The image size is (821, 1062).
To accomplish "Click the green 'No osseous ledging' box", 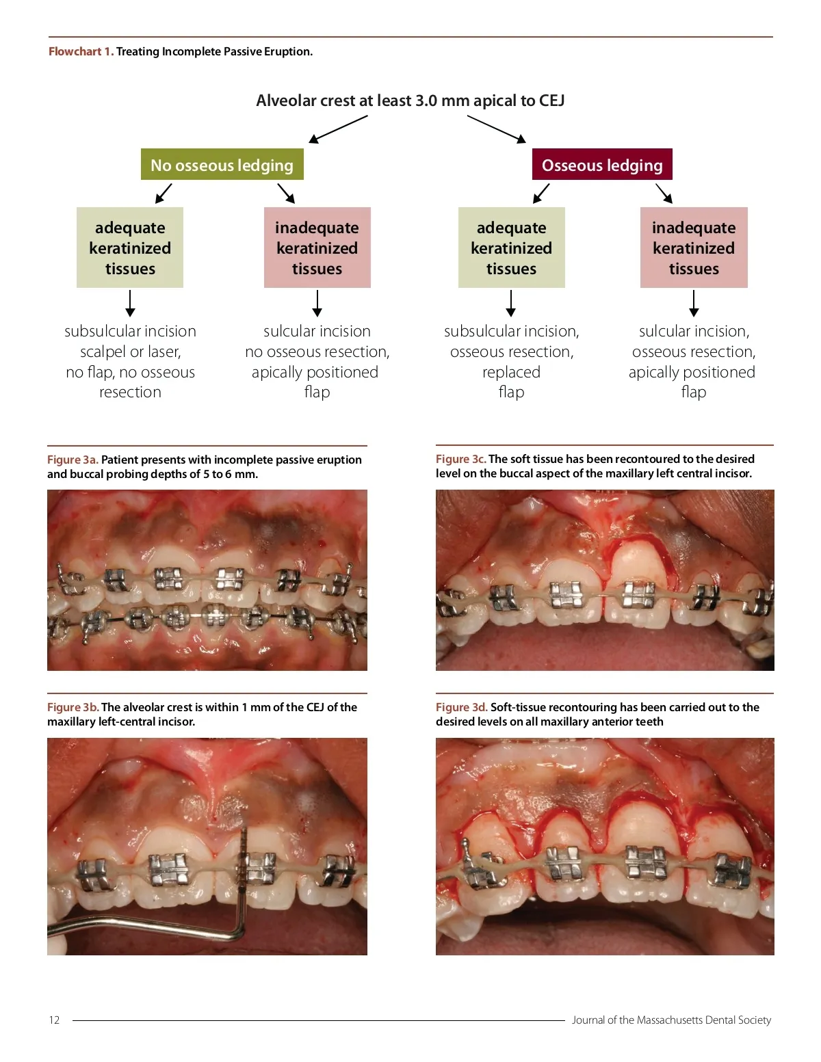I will pyautogui.click(x=222, y=165).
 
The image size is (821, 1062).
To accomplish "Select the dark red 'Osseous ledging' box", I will pyautogui.click(x=602, y=165).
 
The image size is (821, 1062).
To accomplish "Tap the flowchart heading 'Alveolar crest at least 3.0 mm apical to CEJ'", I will pyautogui.click(x=410, y=101).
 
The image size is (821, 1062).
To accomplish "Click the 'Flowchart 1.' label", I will pyautogui.click(x=81, y=51).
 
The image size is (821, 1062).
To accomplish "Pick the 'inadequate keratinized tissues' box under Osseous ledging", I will pyautogui.click(x=694, y=248).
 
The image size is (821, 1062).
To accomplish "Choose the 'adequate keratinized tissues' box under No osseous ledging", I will pyautogui.click(x=130, y=248).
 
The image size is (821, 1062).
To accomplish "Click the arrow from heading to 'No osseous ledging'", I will pyautogui.click(x=338, y=129).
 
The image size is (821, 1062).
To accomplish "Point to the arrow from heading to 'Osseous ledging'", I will pyautogui.click(x=497, y=129).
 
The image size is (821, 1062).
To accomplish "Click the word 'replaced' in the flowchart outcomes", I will pyautogui.click(x=511, y=372).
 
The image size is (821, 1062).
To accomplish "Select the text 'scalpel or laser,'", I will pyautogui.click(x=130, y=351).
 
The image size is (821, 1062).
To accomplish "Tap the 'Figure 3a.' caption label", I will pyautogui.click(x=73, y=460).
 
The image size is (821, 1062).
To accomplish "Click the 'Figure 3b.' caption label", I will pyautogui.click(x=73, y=707).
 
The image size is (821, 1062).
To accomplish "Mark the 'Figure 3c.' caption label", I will pyautogui.click(x=460, y=459).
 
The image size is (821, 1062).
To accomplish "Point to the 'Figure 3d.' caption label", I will pyautogui.click(x=461, y=707).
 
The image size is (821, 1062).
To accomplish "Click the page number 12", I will pyautogui.click(x=54, y=1020).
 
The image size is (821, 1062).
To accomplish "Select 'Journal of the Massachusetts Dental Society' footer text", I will pyautogui.click(x=671, y=1020).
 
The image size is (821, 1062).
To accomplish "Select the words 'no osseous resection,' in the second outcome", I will pyautogui.click(x=317, y=351).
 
